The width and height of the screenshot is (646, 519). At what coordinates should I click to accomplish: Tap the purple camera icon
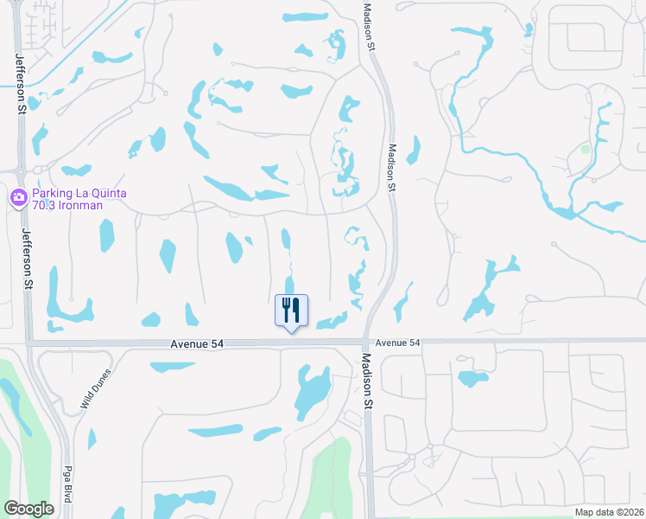(x=18, y=198)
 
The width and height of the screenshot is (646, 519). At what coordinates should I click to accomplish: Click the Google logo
(x=28, y=509)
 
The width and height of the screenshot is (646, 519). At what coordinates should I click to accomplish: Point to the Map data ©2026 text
(x=609, y=512)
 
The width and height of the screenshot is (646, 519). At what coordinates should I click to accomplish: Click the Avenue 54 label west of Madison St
(x=197, y=343)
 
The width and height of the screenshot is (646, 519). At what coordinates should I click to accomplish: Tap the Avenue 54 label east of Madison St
(x=397, y=343)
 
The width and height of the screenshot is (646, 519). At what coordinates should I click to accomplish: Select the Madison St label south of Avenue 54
(x=369, y=381)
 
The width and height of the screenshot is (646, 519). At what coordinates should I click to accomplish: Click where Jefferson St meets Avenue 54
(x=29, y=343)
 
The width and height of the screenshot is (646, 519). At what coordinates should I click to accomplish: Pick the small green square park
(x=586, y=149)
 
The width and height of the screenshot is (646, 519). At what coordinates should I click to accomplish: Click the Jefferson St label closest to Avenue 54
(x=28, y=259)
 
